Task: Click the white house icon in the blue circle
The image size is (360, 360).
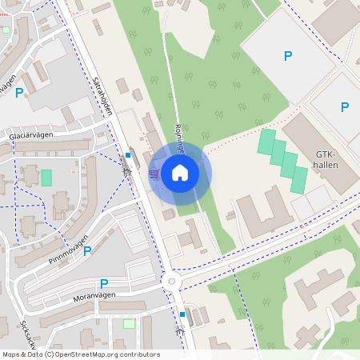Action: [x=180, y=172]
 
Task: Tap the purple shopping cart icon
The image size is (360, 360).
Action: [x=154, y=172]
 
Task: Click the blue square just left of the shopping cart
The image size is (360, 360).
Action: [x=128, y=155]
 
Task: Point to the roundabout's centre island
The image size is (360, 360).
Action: [x=170, y=281]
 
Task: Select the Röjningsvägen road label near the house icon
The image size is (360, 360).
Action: [x=180, y=136]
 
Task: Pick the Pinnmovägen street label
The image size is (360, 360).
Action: [x=67, y=254]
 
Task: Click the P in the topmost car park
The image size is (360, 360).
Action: [x=288, y=56]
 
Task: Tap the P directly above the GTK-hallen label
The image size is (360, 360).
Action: [x=345, y=107]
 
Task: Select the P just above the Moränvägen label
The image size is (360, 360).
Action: [x=104, y=283]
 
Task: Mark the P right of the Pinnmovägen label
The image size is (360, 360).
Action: [x=87, y=250]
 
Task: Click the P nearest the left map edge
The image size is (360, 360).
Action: [x=19, y=93]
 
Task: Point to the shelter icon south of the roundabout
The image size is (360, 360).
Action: [x=181, y=328]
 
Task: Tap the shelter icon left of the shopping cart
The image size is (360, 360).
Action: [x=126, y=170]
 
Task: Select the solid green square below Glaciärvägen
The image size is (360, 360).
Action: [x=46, y=178]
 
